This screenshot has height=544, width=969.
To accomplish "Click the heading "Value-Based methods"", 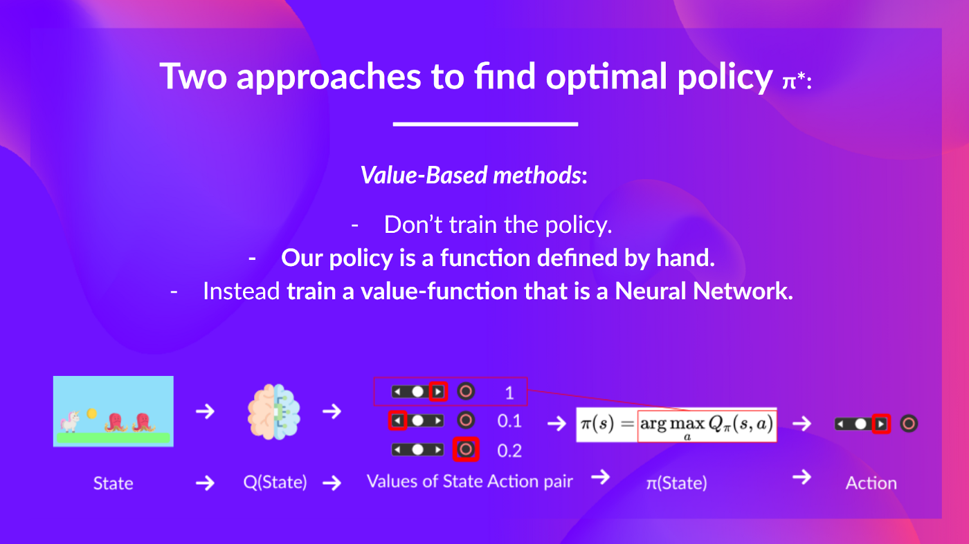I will point(473,176).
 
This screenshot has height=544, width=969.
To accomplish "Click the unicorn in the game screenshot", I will point(71,420).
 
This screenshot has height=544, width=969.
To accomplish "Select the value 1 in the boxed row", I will point(509,393).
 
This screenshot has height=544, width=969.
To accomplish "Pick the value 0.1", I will point(509,421).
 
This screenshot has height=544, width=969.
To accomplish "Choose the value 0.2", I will point(509,451).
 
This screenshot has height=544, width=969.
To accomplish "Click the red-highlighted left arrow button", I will point(397,420).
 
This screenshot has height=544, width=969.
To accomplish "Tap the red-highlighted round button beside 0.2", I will point(466,450).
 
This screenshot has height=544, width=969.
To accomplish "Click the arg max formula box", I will point(707,424).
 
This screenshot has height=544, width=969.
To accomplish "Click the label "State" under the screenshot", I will point(113,483).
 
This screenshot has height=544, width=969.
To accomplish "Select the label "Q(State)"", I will point(275,482).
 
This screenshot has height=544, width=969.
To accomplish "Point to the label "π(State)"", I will point(676,482).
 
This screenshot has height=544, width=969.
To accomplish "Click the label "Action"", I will point(871,483).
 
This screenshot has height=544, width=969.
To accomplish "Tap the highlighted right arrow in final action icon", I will point(880,424).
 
